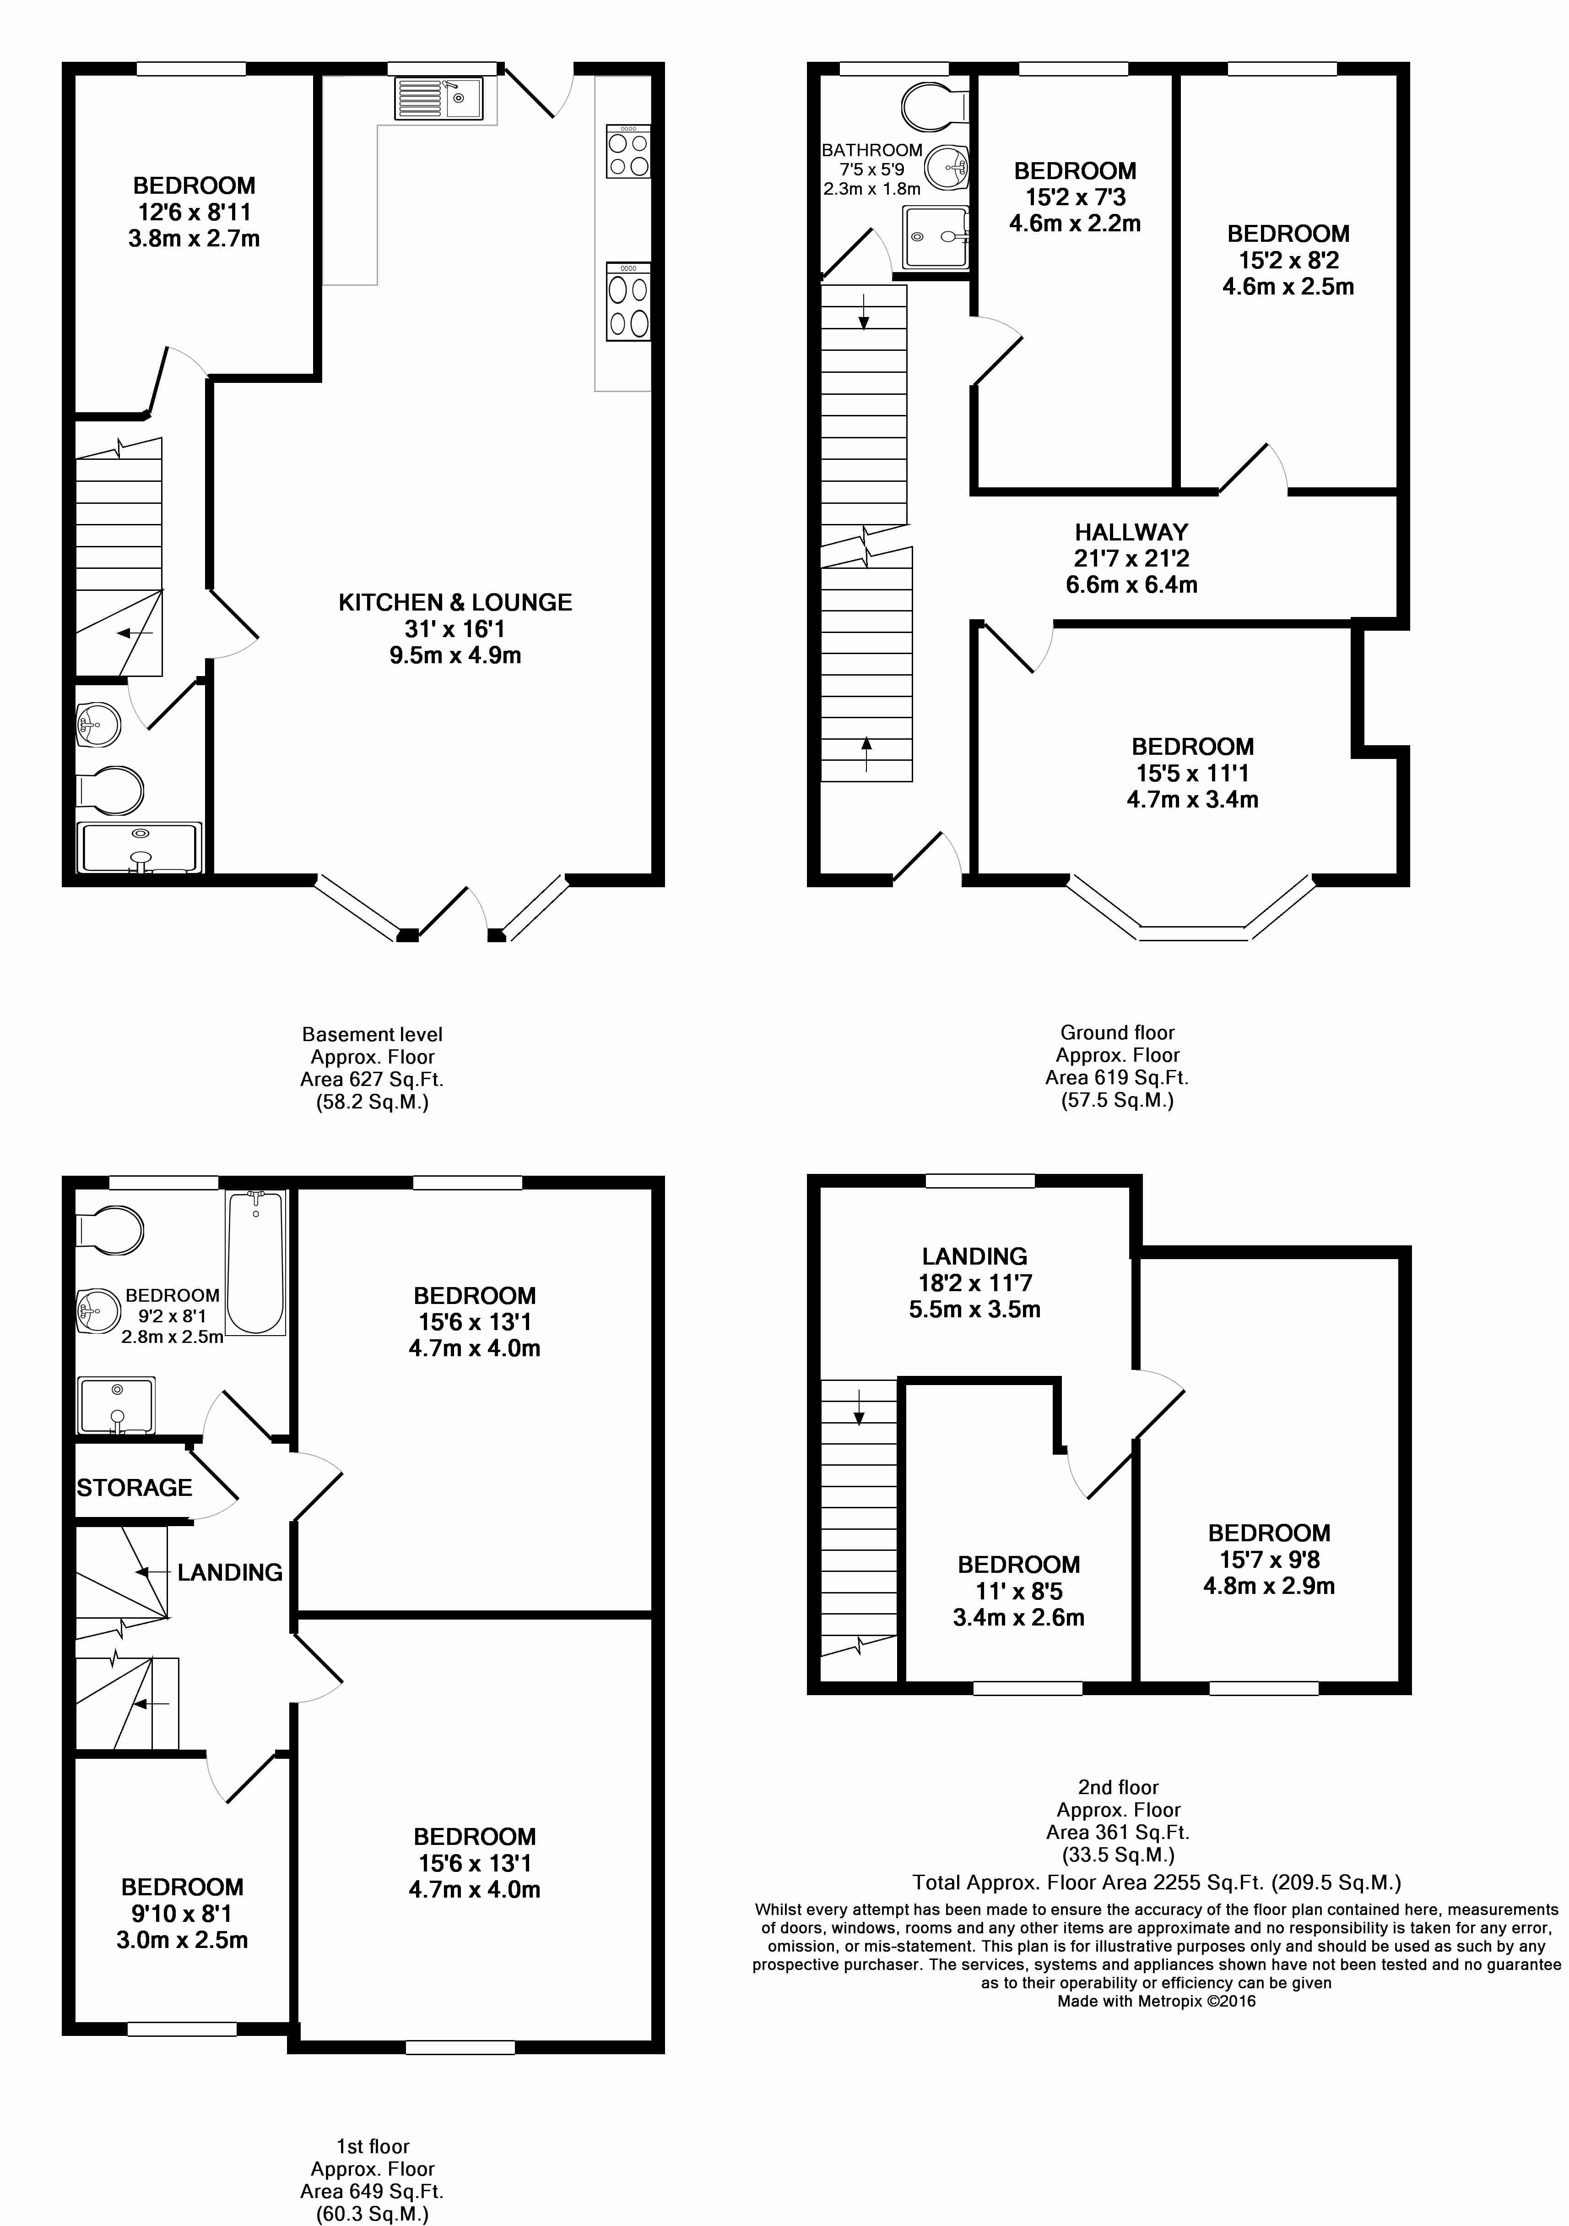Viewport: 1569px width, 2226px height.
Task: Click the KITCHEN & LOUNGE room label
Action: pos(454,602)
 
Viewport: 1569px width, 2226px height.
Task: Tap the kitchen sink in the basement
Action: pos(439,98)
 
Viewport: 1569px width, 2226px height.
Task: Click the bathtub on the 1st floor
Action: pos(256,1262)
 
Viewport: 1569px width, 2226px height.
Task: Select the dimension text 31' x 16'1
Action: pos(454,628)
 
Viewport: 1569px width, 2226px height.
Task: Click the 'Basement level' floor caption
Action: pos(372,1035)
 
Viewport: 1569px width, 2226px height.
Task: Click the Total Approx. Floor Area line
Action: pos(1156,1883)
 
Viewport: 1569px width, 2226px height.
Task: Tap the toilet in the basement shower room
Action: pos(109,790)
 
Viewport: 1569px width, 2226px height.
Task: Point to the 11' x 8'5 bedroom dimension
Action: pos(1018,1591)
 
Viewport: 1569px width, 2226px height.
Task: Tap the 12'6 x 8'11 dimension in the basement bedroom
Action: pos(194,211)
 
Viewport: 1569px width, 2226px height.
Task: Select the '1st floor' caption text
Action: pos(372,2146)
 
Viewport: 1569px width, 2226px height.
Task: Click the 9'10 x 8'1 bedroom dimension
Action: pos(182,1914)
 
